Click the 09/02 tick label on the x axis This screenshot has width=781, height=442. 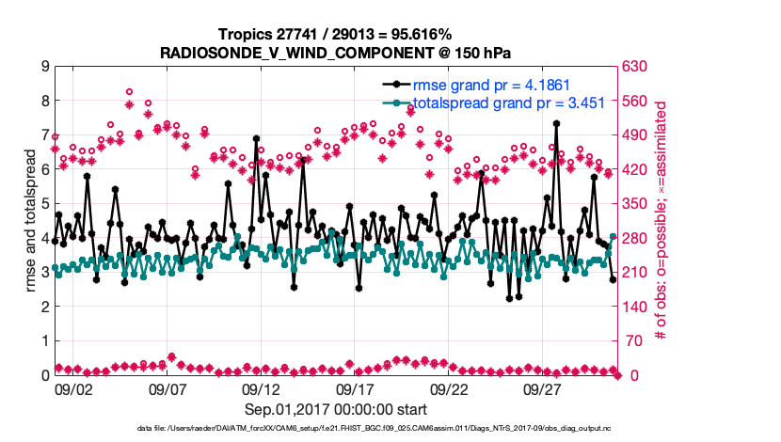pos(73,388)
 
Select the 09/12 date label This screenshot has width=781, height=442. pos(262,388)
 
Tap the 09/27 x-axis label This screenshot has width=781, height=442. pos(543,388)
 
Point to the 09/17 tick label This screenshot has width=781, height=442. pos(356,388)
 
